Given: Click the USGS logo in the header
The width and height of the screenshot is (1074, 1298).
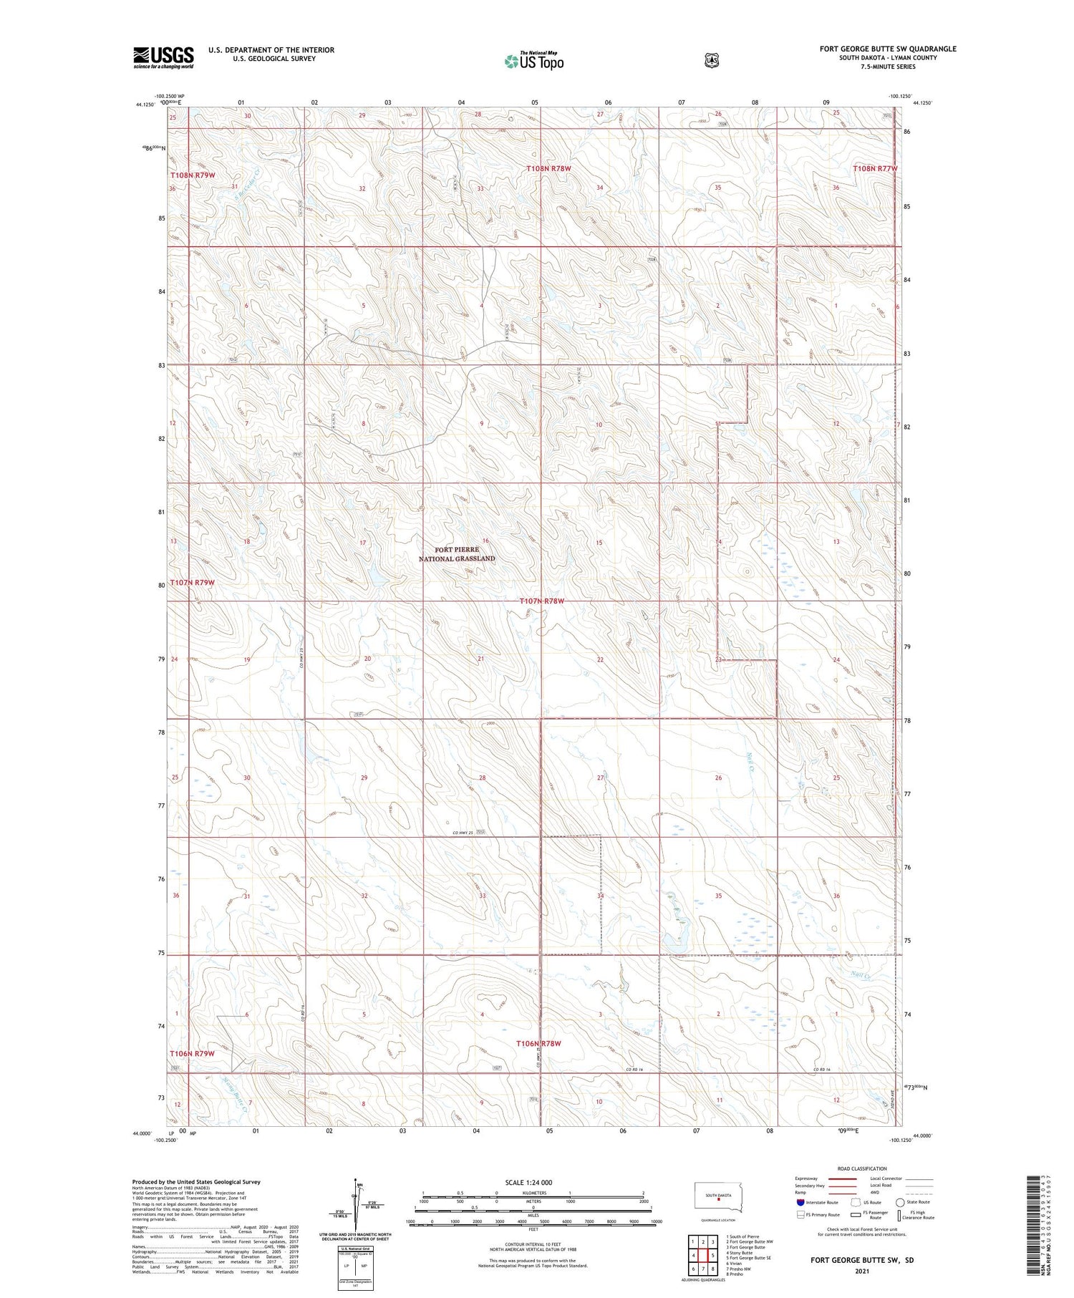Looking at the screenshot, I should [163, 57].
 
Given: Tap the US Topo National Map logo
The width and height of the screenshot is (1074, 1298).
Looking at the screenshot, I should [534, 61].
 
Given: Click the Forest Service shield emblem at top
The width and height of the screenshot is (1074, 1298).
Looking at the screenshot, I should [711, 61].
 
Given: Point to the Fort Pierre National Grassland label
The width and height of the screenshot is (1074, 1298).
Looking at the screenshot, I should [457, 554].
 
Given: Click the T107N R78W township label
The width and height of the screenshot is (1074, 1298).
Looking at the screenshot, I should [542, 601].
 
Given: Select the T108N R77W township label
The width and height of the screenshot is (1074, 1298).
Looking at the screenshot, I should [875, 169].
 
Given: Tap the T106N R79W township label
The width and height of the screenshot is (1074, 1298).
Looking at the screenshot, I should [192, 1054].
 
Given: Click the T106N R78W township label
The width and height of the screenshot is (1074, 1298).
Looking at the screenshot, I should [538, 1044].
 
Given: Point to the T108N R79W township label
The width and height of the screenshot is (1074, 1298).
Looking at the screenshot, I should [193, 175].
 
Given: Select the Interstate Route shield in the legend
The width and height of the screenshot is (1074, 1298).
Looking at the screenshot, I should [800, 1202].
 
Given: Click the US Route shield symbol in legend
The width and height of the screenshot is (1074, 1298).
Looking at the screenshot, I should [855, 1203].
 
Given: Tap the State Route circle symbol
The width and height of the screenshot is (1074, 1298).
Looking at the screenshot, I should [900, 1203].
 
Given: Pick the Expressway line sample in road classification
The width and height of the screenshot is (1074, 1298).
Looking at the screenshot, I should [843, 1179].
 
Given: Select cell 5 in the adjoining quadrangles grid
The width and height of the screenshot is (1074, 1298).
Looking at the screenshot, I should [713, 1256].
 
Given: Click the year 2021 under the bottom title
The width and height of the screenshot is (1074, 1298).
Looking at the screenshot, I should [861, 1272].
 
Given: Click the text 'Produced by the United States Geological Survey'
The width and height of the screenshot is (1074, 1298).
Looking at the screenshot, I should [196, 1182].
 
